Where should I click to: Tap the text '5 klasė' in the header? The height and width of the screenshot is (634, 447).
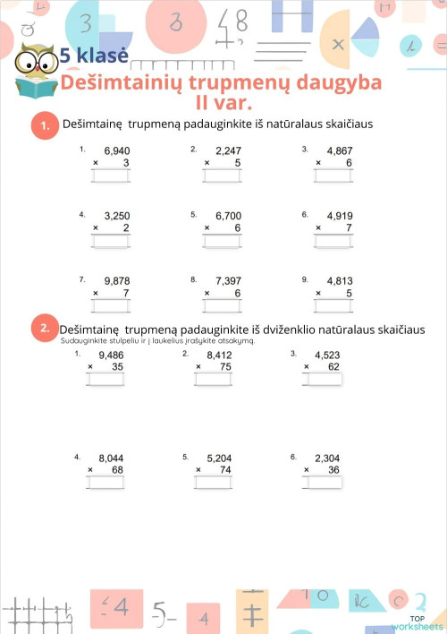coord(94,56)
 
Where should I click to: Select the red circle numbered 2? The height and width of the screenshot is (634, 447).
coord(42,329)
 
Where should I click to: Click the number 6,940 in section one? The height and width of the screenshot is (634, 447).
coord(117,151)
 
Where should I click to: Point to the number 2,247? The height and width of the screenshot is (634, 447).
coord(228,151)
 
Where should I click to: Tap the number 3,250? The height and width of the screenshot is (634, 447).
coord(117,216)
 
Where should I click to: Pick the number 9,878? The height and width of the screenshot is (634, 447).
coord(117,281)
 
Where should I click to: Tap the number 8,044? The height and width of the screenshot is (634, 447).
coord(111,458)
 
